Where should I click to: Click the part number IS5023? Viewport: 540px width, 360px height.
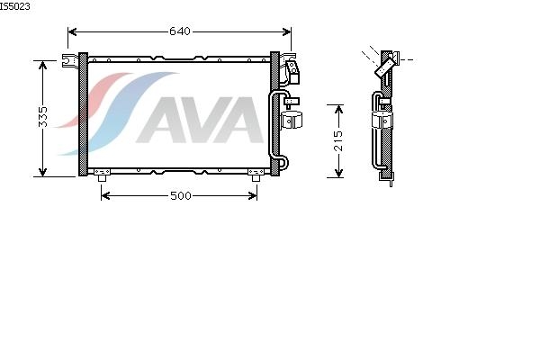(14, 6)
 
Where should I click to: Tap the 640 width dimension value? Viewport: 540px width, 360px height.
(180, 31)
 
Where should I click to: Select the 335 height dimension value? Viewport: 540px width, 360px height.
(42, 117)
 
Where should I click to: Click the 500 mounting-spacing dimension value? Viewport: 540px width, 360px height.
(181, 195)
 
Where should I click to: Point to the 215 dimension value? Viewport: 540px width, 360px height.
(338, 140)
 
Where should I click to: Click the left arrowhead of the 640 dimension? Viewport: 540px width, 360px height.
(72, 32)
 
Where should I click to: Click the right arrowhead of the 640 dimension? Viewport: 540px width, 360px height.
(286, 32)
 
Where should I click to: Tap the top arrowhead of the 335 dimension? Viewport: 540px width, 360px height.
(42, 66)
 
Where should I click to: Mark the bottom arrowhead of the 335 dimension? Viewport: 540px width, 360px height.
(42, 172)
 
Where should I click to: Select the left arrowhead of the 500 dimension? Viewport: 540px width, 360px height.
(105, 196)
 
